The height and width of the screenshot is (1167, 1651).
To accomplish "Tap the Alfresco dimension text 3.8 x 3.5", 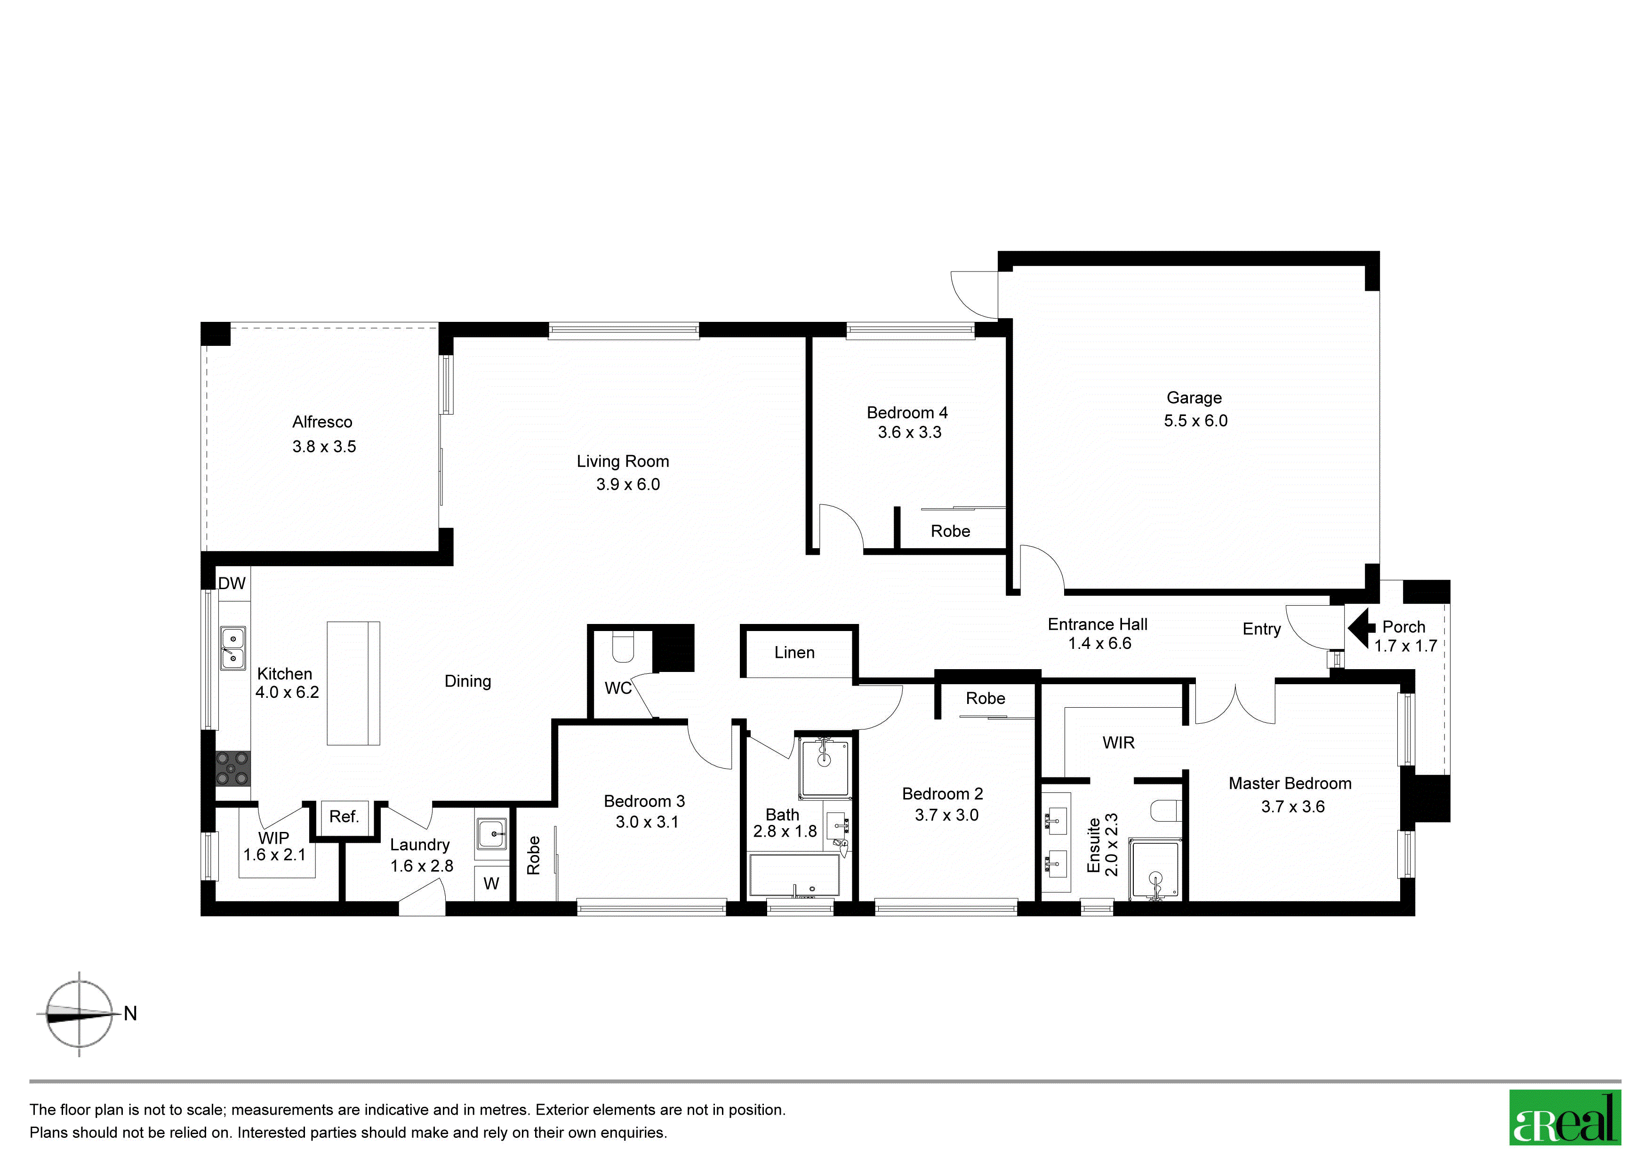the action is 324,447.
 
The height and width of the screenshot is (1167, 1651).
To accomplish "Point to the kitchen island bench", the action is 353,683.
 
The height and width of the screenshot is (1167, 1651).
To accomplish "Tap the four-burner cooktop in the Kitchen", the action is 233,768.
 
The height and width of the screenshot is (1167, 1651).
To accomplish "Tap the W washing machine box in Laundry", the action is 492,883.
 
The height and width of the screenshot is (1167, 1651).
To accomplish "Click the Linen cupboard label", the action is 794,653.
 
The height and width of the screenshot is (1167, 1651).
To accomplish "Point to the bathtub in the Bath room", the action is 794,875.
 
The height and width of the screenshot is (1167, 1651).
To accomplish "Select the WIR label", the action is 1118,743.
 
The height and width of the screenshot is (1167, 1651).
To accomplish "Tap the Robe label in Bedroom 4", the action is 951,531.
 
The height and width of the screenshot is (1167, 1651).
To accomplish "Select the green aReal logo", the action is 1565,1118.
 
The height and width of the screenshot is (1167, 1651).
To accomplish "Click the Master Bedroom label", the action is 1290,784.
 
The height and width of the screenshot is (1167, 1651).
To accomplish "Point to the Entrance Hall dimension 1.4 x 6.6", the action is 1099,644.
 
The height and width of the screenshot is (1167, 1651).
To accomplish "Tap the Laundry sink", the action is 492,834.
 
